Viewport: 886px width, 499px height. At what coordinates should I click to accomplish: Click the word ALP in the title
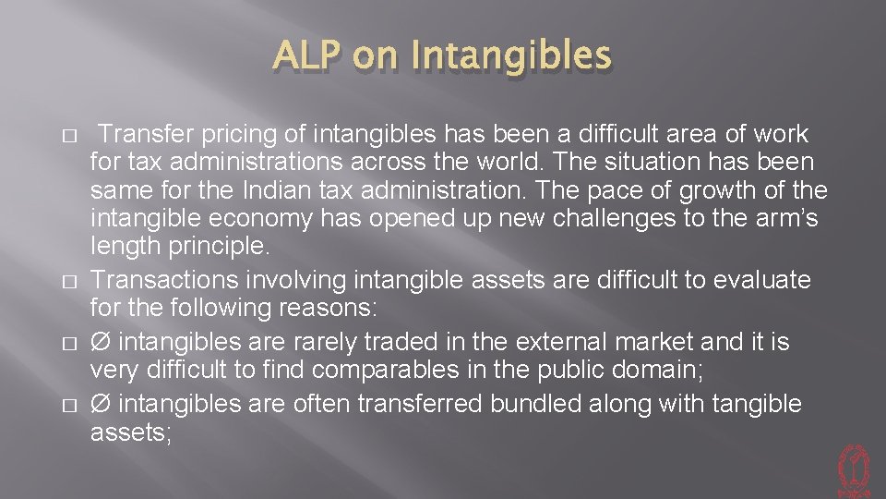(305, 56)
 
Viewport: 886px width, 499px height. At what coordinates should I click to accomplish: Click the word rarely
(325, 342)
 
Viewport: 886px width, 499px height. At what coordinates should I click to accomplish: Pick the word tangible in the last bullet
(751, 405)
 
